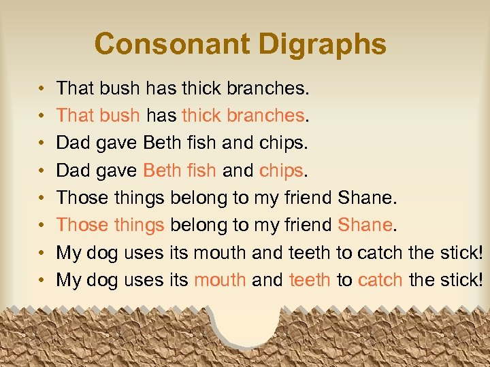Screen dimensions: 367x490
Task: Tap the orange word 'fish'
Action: (x=201, y=170)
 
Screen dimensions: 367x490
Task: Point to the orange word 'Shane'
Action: (x=364, y=224)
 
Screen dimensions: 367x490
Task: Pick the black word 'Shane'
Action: (x=364, y=197)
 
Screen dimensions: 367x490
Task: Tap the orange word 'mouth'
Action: (x=220, y=279)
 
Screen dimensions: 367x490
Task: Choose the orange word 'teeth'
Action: (x=310, y=279)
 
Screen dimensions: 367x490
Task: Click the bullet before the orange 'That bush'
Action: (x=42, y=116)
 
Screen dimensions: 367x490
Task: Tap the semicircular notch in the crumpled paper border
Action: (x=247, y=325)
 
